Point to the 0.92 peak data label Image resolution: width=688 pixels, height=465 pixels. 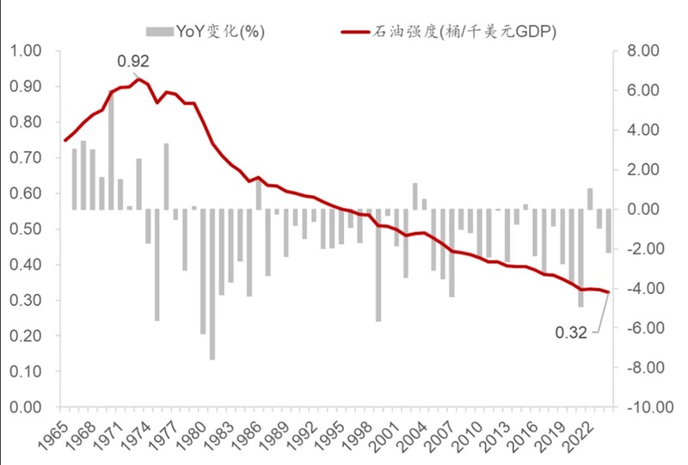tap(133, 61)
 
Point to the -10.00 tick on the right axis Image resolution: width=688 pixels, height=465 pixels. tap(641, 407)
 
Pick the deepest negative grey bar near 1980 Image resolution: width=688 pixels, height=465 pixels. tap(212, 284)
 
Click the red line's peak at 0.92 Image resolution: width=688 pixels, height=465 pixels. tap(139, 79)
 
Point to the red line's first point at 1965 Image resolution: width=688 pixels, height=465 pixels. tap(65, 140)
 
